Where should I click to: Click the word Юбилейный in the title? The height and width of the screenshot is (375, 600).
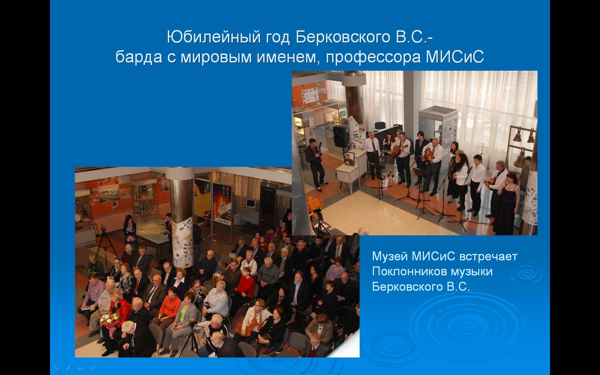(214, 37)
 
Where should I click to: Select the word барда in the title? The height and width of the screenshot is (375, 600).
(139, 57)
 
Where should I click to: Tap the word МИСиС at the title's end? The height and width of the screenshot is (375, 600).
(455, 57)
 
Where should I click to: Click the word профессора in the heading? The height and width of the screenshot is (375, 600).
(373, 57)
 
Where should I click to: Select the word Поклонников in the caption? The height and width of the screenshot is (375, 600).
(409, 271)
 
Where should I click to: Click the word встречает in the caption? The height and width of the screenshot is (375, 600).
(488, 257)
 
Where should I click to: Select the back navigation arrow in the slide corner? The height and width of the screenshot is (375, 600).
(57, 367)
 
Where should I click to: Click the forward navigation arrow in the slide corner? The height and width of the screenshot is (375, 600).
(93, 367)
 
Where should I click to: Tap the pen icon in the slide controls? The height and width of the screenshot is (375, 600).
(69, 367)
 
